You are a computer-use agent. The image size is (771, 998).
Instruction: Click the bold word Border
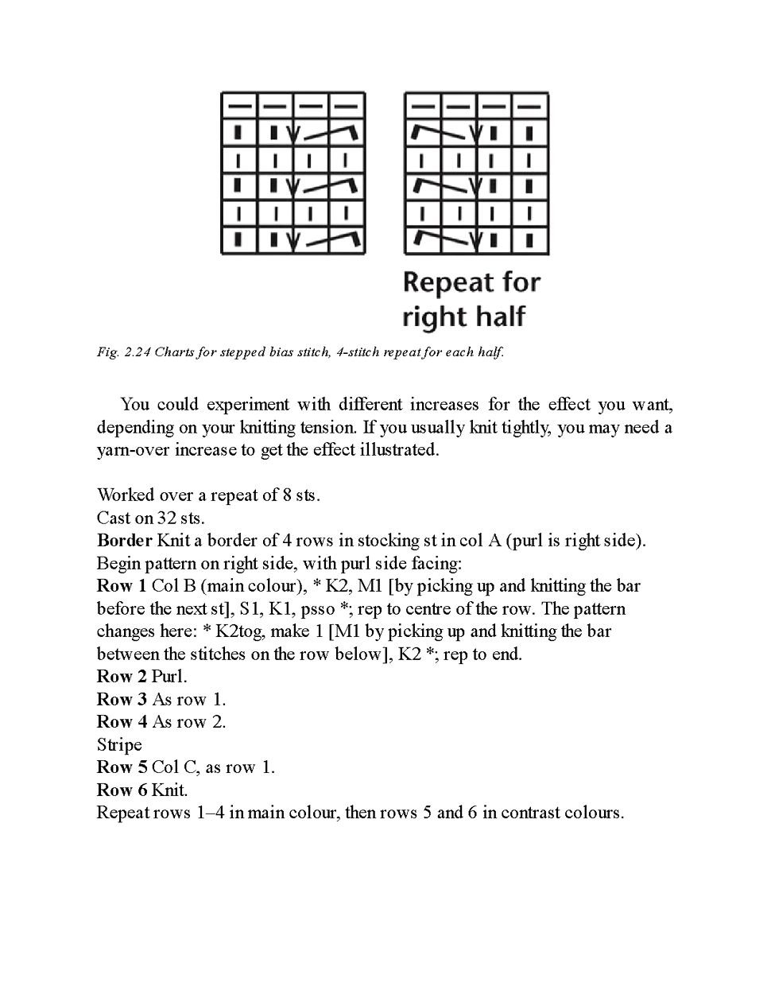pos(124,541)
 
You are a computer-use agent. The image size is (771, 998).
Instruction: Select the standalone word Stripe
pos(119,745)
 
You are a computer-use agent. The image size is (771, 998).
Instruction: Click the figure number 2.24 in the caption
pos(138,352)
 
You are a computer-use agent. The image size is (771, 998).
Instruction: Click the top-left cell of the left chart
pos(238,104)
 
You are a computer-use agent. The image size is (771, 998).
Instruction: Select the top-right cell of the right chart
pos(530,104)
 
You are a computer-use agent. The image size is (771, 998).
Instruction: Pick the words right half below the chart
pos(464,316)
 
